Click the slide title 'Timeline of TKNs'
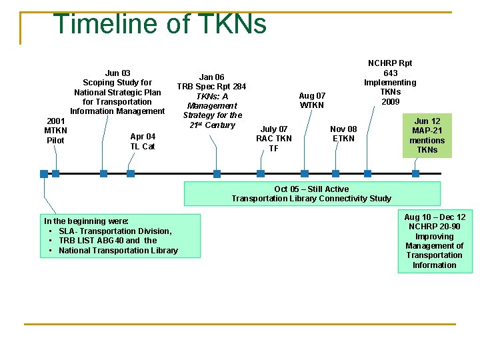(160, 24)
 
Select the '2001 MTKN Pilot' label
(55, 131)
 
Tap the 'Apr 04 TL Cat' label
(143, 141)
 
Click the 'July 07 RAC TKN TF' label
(274, 139)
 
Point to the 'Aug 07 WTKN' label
(312, 100)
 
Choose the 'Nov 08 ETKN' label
(343, 133)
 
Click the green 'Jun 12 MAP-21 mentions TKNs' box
(427, 136)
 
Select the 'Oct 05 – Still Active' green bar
(311, 193)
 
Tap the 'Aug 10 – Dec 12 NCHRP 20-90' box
(435, 241)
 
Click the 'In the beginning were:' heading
(86, 221)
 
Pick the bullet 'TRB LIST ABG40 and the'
(107, 241)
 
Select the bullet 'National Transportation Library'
(118, 251)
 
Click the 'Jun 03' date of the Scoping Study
(117, 73)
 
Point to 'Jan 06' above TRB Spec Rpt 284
(211, 77)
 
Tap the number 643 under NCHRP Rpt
(390, 73)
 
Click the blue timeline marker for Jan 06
(217, 174)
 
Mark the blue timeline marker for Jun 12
(415, 173)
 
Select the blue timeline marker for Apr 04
(131, 173)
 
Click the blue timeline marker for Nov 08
(335, 173)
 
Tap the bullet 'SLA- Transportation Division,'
(115, 231)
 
